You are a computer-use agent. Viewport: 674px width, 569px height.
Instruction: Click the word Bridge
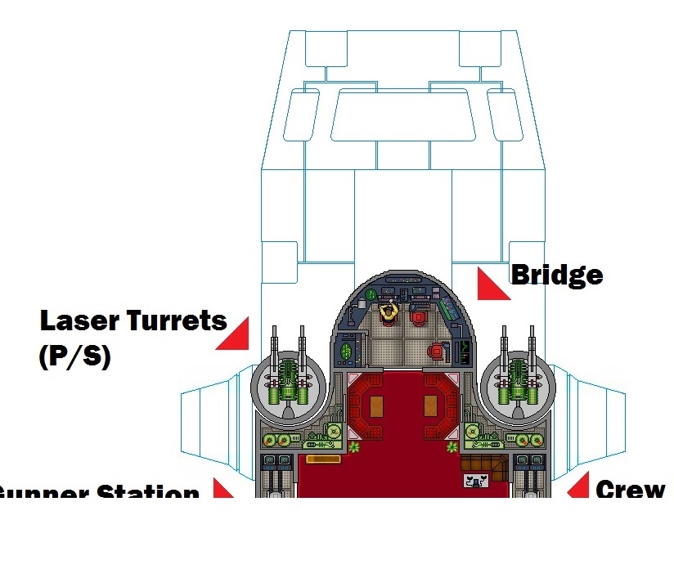556,275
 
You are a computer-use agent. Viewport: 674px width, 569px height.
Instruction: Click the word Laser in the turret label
78,320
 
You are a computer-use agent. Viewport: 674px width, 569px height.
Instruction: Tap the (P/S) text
74,356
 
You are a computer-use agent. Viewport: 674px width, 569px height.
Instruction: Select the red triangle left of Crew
580,486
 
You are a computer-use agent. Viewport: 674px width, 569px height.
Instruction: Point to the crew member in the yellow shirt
389,310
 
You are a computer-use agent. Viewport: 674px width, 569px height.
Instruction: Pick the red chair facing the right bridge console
436,352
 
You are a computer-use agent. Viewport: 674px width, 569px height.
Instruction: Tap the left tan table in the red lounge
377,405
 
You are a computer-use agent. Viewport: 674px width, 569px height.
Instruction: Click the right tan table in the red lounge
431,405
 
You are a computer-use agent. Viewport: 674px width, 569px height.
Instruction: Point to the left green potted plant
354,447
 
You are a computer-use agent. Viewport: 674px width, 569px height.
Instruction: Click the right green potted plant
452,447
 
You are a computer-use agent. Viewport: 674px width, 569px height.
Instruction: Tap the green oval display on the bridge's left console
347,351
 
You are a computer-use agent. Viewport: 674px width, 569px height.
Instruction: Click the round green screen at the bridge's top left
372,294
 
